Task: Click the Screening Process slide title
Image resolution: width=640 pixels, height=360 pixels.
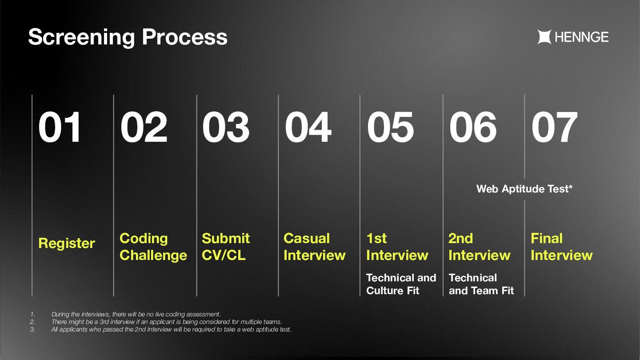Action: [x=128, y=37]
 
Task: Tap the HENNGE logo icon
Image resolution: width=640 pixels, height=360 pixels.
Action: [x=544, y=37]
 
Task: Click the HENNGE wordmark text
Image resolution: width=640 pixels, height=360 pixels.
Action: [x=582, y=37]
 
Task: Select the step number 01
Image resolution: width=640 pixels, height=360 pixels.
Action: [x=60, y=127]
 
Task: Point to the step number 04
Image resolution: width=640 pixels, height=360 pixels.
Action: [x=308, y=127]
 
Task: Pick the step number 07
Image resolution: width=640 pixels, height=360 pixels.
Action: [x=554, y=127]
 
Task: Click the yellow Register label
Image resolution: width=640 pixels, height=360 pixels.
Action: [x=67, y=244]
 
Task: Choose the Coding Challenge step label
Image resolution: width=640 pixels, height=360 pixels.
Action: [x=153, y=247]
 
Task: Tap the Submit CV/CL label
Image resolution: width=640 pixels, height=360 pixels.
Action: [x=226, y=247]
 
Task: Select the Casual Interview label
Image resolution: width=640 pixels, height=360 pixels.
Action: [x=315, y=247]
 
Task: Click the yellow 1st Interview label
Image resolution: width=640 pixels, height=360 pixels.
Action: [x=397, y=247]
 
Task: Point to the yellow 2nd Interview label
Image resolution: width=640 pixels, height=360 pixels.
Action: [x=479, y=247]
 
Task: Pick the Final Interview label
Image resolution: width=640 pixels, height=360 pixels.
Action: [x=561, y=247]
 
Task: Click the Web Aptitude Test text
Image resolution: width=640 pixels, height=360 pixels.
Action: [x=524, y=189]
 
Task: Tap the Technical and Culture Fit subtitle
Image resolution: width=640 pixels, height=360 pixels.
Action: [x=401, y=284]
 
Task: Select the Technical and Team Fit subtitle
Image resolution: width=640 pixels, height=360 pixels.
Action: [x=481, y=284]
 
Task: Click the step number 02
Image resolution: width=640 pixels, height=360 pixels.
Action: [x=144, y=127]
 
